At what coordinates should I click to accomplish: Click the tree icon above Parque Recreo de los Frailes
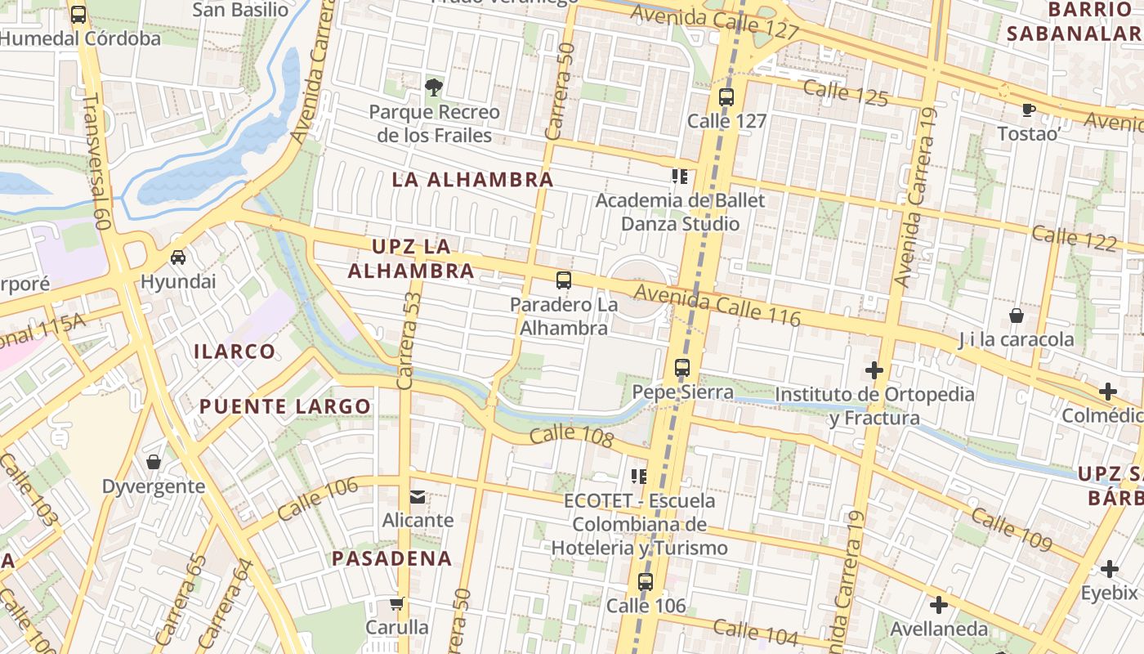(x=434, y=87)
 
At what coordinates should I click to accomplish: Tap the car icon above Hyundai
(x=177, y=257)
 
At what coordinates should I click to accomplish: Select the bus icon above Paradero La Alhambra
(x=563, y=280)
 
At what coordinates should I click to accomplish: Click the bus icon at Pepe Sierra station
(x=682, y=368)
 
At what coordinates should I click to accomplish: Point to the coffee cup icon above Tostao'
(x=1028, y=110)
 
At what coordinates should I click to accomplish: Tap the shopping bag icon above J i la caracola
(x=1016, y=315)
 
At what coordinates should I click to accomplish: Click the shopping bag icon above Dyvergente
(x=153, y=462)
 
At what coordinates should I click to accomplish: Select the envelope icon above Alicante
(x=418, y=496)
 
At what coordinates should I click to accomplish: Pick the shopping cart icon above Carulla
(x=396, y=604)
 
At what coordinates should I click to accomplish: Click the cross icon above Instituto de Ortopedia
(x=874, y=370)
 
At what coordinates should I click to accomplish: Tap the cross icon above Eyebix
(x=1109, y=569)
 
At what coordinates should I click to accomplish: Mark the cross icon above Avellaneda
(x=939, y=605)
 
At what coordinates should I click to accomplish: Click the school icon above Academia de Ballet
(x=680, y=177)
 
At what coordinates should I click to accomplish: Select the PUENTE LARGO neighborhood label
(x=285, y=406)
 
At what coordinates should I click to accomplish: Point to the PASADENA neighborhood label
(x=391, y=558)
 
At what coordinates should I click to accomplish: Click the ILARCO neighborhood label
(x=235, y=352)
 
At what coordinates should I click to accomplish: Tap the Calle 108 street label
(x=571, y=437)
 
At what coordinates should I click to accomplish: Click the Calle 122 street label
(x=1074, y=239)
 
